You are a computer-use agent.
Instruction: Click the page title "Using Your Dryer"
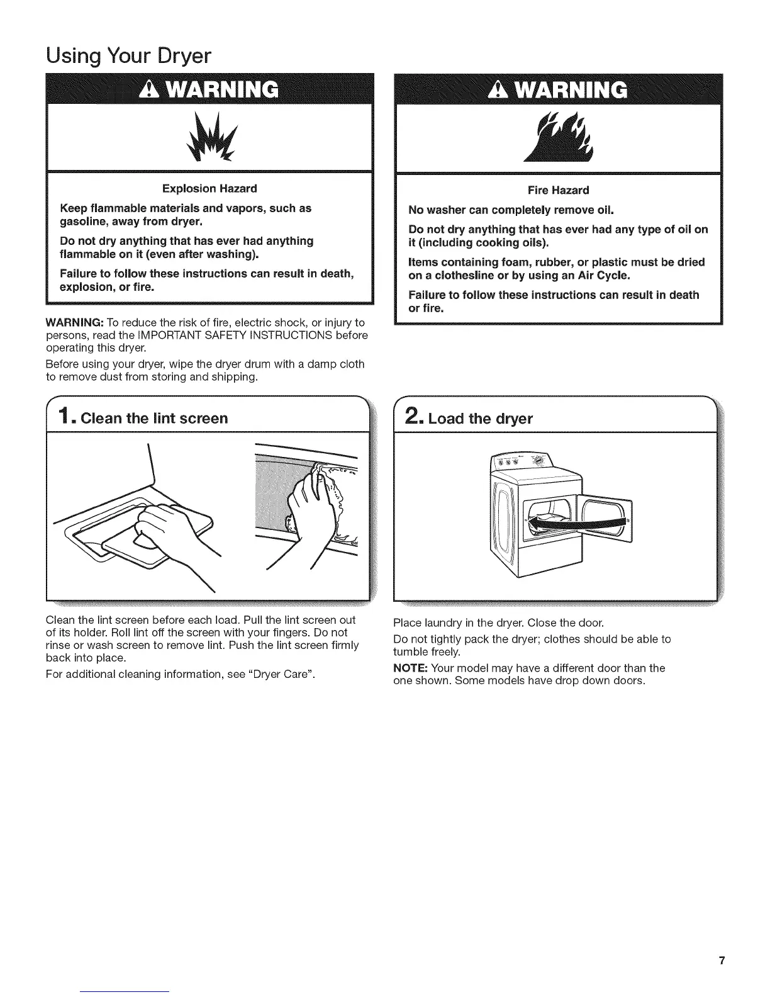click(x=128, y=57)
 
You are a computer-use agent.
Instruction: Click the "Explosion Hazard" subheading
click(x=209, y=189)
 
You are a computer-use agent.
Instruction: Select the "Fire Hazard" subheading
click(x=558, y=190)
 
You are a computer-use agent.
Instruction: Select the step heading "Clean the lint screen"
click(x=153, y=419)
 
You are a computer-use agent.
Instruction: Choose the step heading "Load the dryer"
click(x=480, y=419)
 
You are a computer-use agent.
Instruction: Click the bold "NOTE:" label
click(x=411, y=668)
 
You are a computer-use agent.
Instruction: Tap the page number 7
click(x=722, y=960)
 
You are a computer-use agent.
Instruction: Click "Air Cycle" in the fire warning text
click(x=604, y=276)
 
